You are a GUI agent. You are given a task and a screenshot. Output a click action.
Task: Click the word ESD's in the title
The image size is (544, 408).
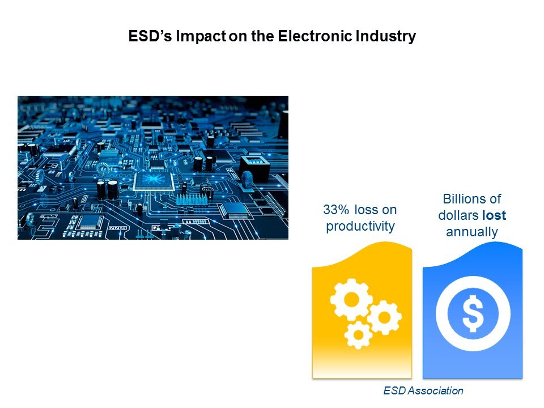pos(150,36)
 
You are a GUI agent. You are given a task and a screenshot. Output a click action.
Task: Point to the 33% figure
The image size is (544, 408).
pos(336,210)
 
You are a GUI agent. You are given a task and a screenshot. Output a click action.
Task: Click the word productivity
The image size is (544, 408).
pos(360,227)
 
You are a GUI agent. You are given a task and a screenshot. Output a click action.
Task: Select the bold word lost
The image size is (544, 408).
pos(494,215)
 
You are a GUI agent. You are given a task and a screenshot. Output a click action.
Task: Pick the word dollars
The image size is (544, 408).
pos(458,215)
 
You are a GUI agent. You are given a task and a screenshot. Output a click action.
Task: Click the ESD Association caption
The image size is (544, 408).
pos(423,390)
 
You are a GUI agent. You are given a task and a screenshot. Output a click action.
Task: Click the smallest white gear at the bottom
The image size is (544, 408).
pos(358,335)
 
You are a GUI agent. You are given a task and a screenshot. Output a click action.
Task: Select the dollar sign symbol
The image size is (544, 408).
pos(473,313)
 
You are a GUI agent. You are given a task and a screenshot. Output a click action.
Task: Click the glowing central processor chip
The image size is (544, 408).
pos(154,181)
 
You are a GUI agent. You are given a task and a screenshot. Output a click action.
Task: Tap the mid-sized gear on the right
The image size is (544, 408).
pos(384,317)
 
